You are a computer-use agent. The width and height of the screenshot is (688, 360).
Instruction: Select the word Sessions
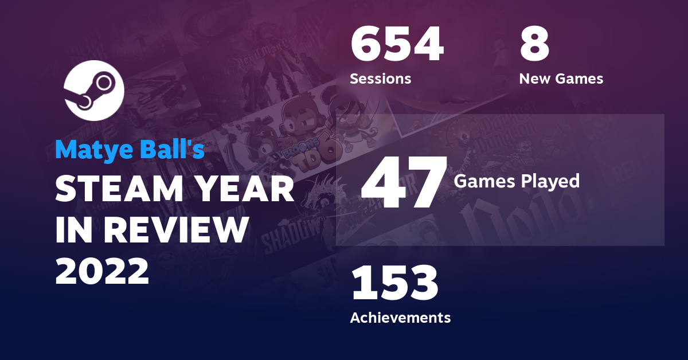click(x=380, y=79)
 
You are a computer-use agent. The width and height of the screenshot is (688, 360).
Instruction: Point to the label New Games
click(x=561, y=79)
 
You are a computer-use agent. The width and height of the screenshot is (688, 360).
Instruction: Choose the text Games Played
click(x=516, y=181)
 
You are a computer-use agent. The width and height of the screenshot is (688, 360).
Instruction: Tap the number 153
click(x=394, y=283)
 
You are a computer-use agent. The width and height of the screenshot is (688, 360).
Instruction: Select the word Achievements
click(x=400, y=317)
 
